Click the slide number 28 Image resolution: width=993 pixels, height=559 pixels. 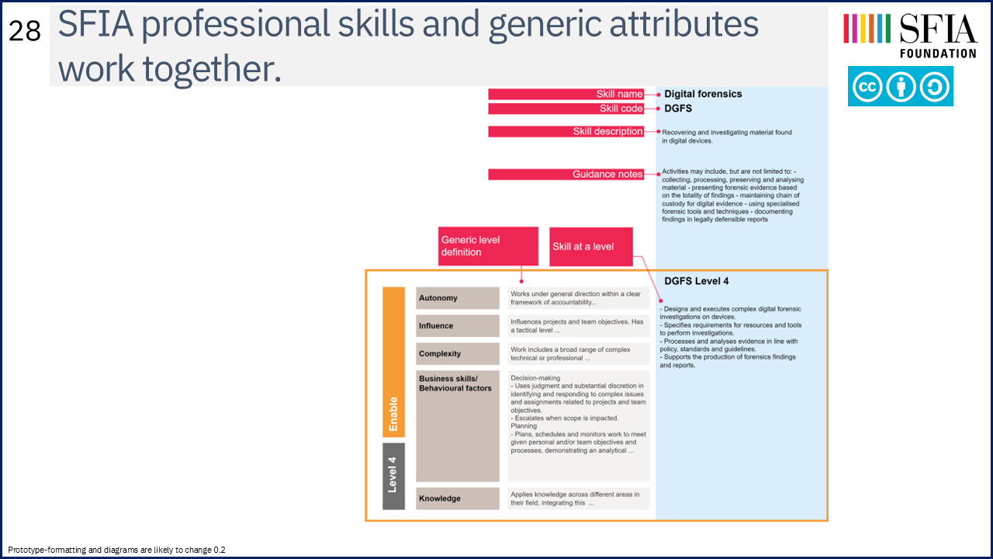click(x=25, y=31)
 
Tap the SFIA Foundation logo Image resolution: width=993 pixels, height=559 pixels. click(x=910, y=36)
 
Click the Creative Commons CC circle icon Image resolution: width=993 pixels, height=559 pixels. click(x=867, y=86)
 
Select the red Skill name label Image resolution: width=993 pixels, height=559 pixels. click(x=566, y=94)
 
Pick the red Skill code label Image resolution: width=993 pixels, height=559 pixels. click(x=566, y=109)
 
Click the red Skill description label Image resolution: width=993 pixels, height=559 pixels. click(x=566, y=131)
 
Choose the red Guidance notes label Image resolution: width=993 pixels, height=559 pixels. click(x=566, y=175)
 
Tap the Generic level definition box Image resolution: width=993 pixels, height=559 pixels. click(x=488, y=246)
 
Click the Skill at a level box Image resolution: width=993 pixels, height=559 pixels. click(x=591, y=247)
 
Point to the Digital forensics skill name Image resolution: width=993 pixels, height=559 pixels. click(x=703, y=94)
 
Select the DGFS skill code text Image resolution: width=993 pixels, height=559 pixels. click(x=678, y=109)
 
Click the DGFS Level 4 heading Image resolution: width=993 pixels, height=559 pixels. click(x=696, y=281)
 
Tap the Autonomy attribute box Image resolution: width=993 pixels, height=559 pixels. click(x=458, y=298)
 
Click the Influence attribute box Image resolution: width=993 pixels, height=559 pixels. click(x=458, y=326)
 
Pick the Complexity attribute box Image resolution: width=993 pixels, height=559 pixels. click(x=458, y=353)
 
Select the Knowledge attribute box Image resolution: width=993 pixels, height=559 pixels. click(x=458, y=498)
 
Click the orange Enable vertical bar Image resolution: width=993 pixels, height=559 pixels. click(x=393, y=362)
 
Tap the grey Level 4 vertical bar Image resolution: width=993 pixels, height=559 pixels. click(x=393, y=476)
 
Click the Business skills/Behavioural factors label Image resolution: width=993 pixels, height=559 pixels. click(x=455, y=384)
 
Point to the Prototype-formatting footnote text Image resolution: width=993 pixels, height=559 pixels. click(x=116, y=550)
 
